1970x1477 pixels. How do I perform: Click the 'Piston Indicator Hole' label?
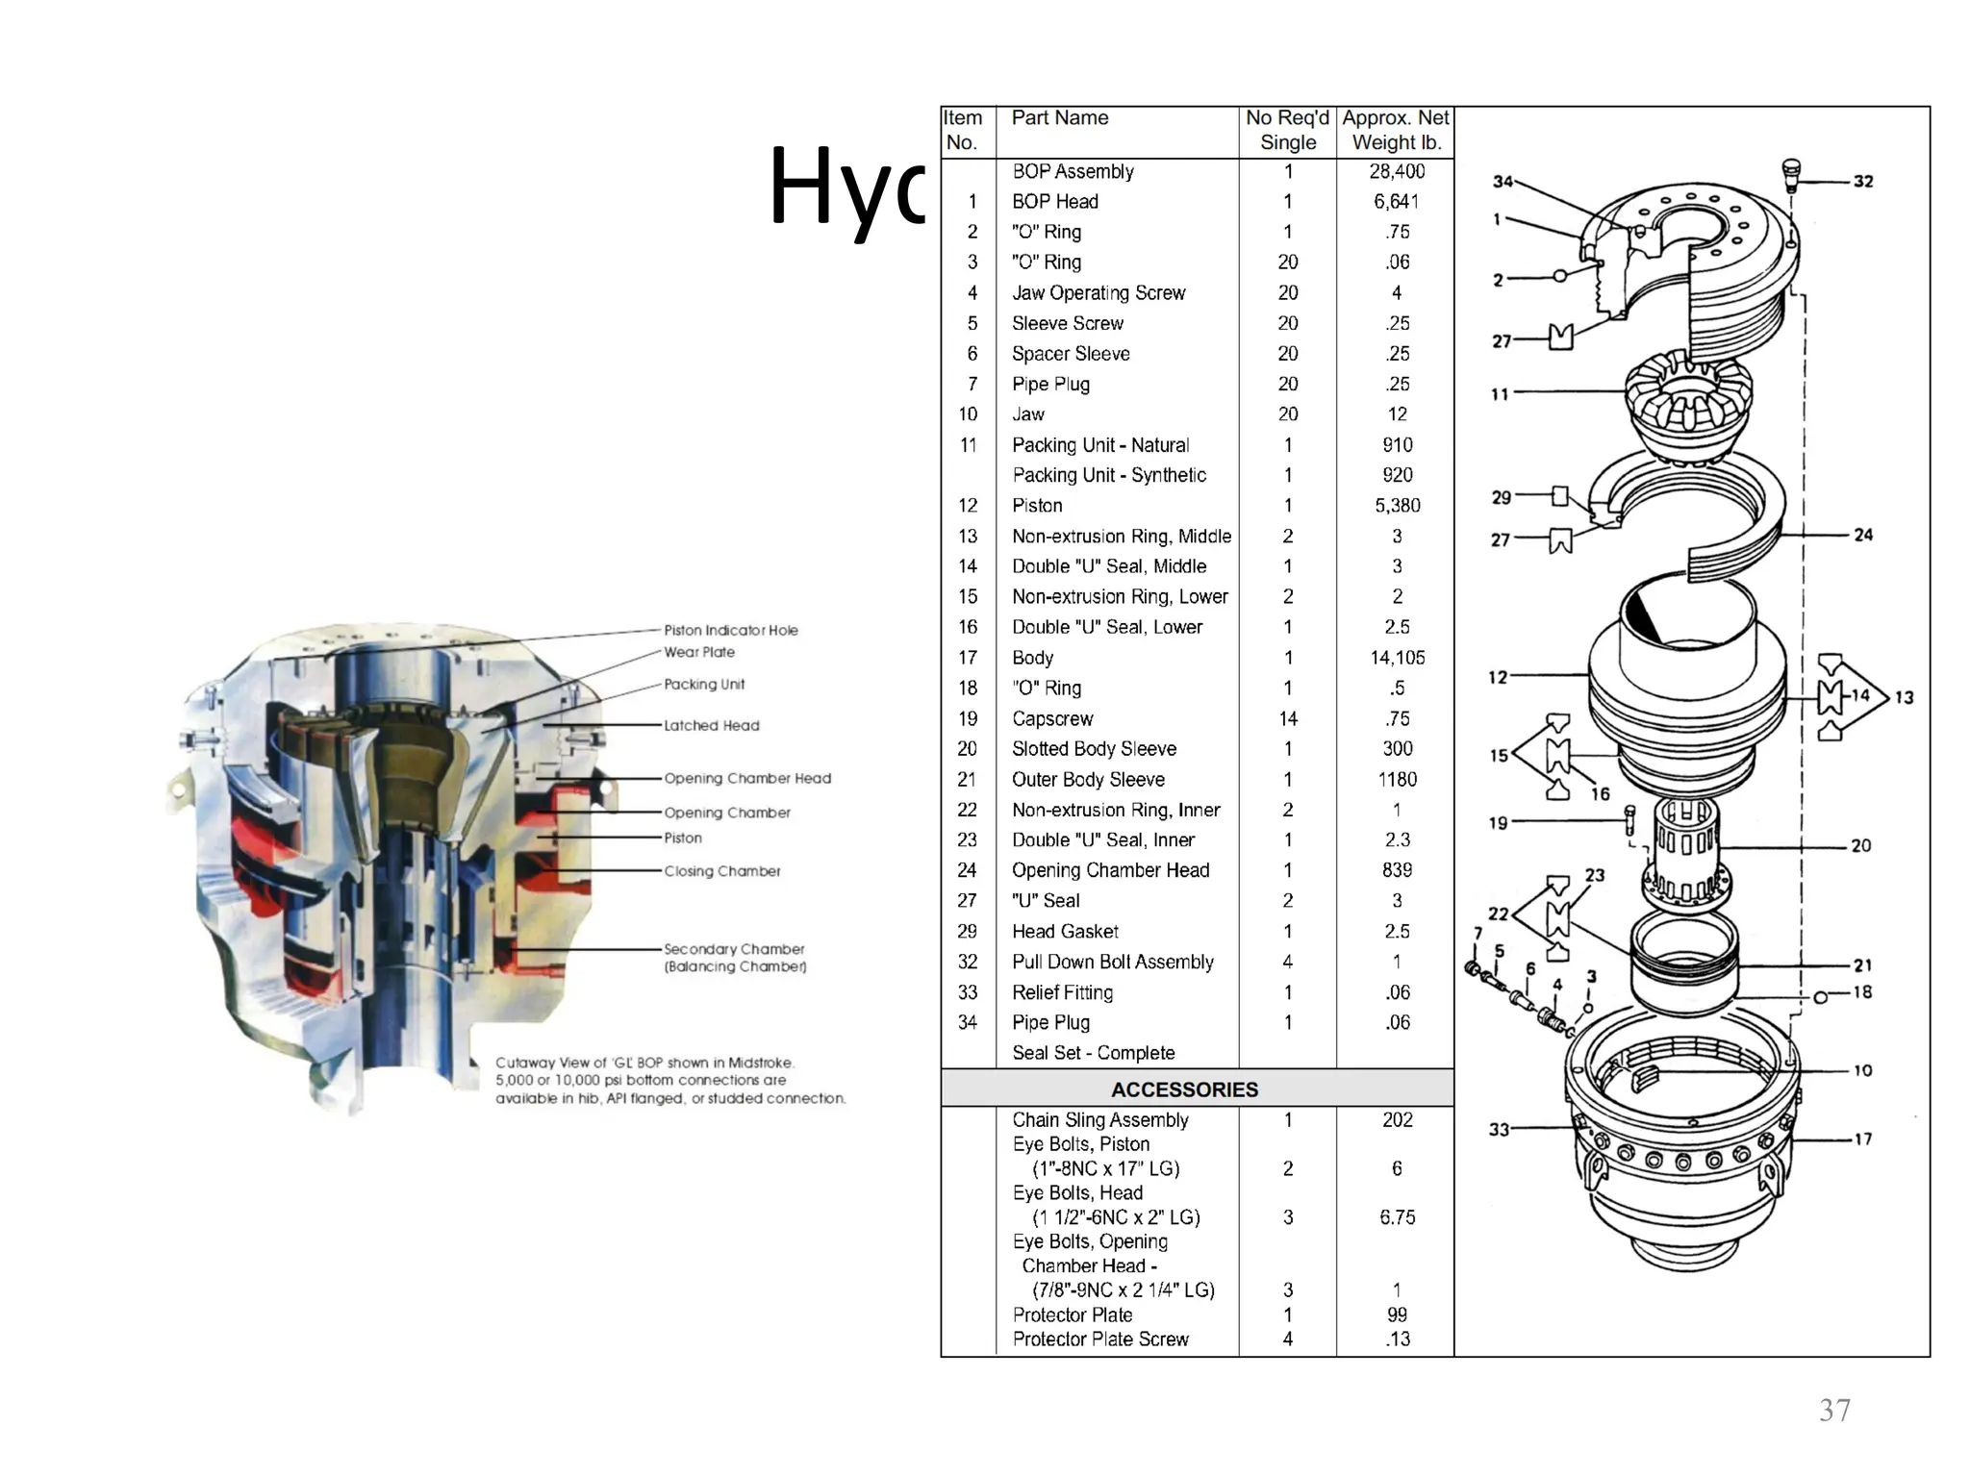pos(730,630)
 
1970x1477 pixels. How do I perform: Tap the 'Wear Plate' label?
pos(699,652)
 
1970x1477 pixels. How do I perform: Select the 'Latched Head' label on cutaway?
pos(711,725)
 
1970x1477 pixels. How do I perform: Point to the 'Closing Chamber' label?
pos(721,871)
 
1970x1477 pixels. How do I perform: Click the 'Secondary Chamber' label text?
pos(734,949)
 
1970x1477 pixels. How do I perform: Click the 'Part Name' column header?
pos(1059,118)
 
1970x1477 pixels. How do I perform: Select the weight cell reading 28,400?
pos(1397,171)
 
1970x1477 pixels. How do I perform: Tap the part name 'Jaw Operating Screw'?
pos(1098,293)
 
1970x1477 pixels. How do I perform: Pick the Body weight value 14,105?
pos(1397,658)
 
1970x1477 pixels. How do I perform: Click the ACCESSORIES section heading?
pos(1183,1089)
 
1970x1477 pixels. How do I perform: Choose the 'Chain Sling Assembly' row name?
pos(1099,1120)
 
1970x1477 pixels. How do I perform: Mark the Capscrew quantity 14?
pos(1288,718)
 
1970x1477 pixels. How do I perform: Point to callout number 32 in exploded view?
pos(1862,181)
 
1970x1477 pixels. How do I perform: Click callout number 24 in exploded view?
pos(1862,535)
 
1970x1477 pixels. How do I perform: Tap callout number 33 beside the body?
pos(1499,1129)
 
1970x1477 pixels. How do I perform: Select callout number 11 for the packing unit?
pos(1500,393)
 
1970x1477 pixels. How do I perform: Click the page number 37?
pos(1834,1411)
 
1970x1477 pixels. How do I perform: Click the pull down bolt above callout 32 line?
pos(1790,174)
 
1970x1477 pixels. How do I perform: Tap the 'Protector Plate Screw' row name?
pos(1099,1339)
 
